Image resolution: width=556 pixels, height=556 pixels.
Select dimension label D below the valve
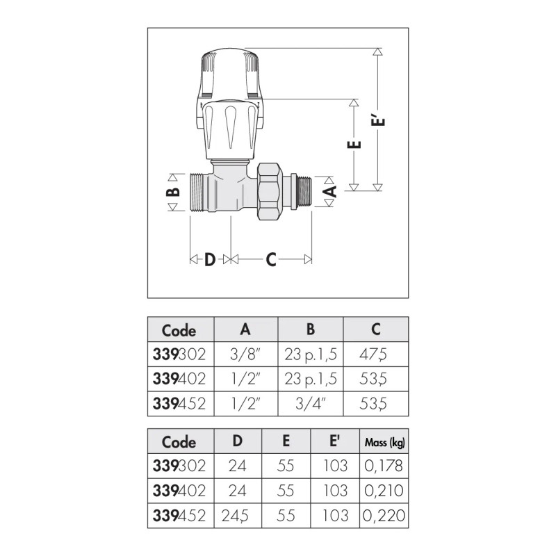[x=209, y=259]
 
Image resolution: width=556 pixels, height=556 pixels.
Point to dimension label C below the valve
[x=271, y=259]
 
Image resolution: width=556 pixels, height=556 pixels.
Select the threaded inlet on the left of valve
[x=200, y=191]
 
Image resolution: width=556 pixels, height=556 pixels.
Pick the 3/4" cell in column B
[x=311, y=402]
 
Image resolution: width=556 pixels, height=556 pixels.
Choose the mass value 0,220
[x=383, y=516]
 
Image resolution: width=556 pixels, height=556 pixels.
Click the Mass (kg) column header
[x=383, y=442]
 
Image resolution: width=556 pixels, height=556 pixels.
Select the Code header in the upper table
[x=179, y=330]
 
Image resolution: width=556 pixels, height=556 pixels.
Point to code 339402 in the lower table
[x=179, y=491]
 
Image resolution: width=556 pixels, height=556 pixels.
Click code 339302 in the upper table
[x=179, y=354]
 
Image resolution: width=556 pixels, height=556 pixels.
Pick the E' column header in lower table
[x=336, y=442]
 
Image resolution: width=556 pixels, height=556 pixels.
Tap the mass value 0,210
[x=383, y=491]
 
